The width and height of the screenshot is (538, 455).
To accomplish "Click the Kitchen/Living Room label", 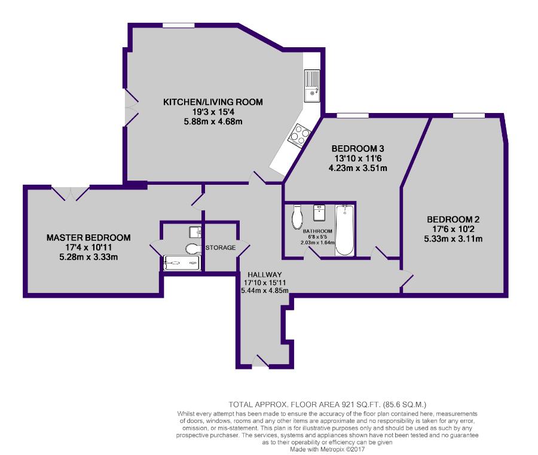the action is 213,102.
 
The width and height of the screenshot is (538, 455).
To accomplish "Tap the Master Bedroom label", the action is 88,237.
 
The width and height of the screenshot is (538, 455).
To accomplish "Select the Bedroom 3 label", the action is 358,149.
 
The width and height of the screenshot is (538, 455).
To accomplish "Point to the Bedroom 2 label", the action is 453,219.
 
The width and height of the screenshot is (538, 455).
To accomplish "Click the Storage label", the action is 221,248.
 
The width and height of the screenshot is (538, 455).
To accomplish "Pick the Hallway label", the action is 265,274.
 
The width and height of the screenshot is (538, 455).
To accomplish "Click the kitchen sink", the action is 312,85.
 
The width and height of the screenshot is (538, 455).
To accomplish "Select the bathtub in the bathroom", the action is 344,230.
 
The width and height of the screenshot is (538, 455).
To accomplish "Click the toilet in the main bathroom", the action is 297,217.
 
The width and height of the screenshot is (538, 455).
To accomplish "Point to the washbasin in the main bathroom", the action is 319,213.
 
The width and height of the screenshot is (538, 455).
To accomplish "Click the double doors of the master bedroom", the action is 71,193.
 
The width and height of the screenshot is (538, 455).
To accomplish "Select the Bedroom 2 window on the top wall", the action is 469,115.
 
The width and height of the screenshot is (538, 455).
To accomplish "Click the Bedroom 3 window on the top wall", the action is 353,115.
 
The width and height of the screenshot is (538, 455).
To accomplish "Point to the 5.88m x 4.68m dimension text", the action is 213,121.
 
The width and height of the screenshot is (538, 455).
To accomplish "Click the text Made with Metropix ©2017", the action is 328,449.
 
